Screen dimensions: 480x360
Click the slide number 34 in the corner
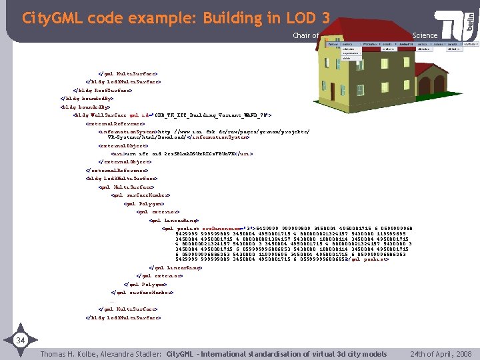[x=21, y=341]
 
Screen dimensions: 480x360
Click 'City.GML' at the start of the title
[x=48, y=18]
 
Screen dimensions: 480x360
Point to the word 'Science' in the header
[x=425, y=35]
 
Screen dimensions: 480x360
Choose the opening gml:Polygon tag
[x=144, y=203]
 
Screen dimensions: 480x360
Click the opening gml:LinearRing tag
[x=174, y=219]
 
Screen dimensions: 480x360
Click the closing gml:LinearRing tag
[x=176, y=267]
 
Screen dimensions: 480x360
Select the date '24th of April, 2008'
[x=441, y=353]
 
